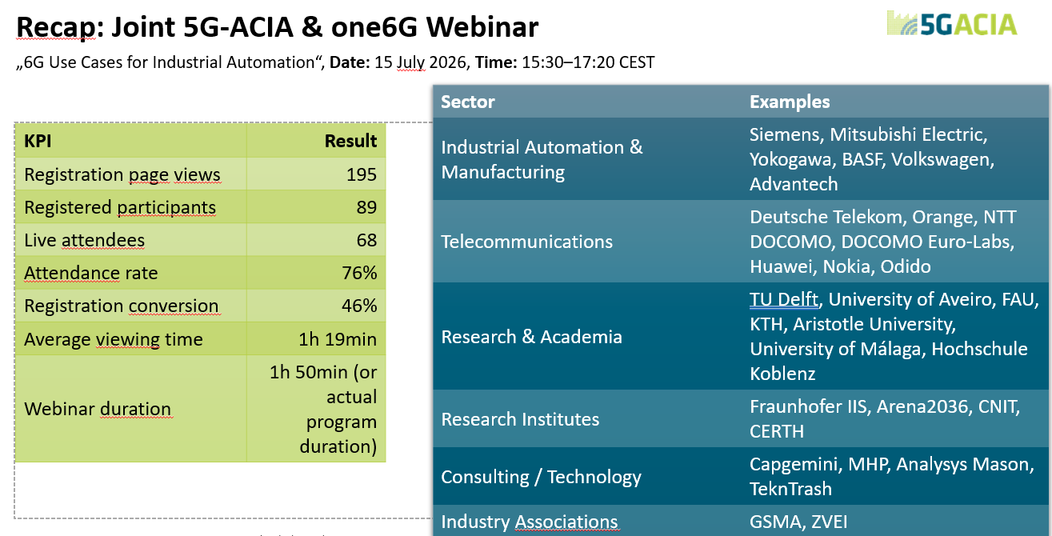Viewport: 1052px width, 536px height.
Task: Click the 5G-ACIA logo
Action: [951, 23]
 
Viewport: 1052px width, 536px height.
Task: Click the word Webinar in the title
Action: [482, 27]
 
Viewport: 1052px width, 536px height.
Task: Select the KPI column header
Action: [38, 141]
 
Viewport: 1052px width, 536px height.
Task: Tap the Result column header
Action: [350, 141]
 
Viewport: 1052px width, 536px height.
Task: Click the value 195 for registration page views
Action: [361, 174]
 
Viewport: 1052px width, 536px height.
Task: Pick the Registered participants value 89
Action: [366, 207]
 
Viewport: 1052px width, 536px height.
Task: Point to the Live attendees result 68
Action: [366, 240]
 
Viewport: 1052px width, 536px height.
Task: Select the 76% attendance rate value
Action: [359, 273]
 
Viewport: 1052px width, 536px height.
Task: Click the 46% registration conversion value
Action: [359, 306]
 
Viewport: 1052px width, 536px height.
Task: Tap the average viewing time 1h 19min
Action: [338, 339]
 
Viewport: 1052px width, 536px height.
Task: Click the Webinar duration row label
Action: [98, 409]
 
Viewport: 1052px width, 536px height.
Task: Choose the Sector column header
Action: [468, 102]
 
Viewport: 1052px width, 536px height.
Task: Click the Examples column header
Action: [790, 102]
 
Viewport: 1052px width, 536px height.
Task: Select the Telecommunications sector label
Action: [526, 242]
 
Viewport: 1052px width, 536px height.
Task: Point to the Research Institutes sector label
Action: [520, 419]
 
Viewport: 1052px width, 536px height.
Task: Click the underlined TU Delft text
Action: [784, 299]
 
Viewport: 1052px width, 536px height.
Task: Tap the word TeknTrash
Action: [790, 489]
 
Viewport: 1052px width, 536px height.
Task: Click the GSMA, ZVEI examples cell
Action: [798, 522]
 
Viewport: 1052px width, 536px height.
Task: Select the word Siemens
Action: [786, 135]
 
